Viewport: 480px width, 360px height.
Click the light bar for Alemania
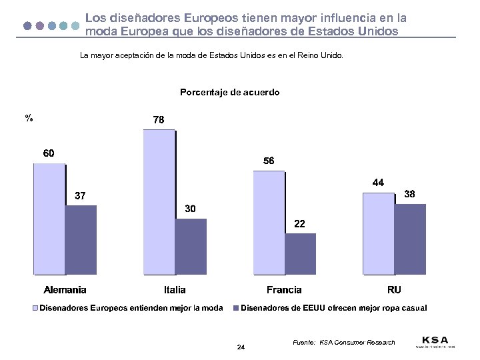point(49,219)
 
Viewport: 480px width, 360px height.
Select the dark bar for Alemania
point(81,240)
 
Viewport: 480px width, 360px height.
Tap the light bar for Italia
point(159,202)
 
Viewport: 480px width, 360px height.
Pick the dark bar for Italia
point(191,247)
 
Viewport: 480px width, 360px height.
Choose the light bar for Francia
point(269,223)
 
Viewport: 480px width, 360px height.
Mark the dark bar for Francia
point(301,254)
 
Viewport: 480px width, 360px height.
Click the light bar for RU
point(378,233)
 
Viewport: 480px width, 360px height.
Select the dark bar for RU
point(411,239)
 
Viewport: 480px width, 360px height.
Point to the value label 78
point(159,120)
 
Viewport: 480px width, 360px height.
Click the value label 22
point(300,224)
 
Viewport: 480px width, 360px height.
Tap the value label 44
point(378,182)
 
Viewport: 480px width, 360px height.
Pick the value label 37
point(79,196)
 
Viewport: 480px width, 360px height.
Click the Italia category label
point(175,290)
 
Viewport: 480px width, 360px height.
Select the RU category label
point(394,290)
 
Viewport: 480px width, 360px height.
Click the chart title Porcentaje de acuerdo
point(230,93)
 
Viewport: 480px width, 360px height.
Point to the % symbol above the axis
point(29,118)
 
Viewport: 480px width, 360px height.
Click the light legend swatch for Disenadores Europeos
point(35,308)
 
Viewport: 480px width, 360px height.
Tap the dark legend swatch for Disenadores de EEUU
point(236,308)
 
